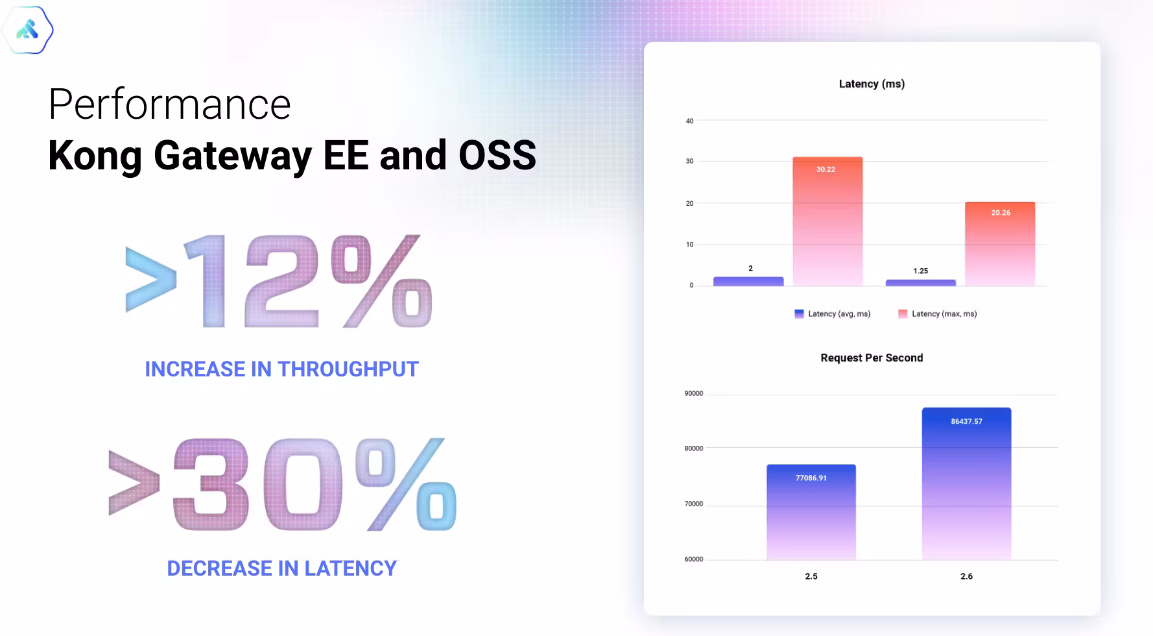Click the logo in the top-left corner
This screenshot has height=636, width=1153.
[x=27, y=30]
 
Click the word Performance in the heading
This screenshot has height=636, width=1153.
[x=170, y=104]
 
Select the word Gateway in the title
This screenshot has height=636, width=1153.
[x=233, y=156]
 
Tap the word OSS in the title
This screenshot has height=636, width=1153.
[x=497, y=155]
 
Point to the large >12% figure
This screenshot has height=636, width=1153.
[x=279, y=281]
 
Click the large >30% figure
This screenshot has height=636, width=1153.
[x=283, y=484]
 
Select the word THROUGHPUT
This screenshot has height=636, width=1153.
[x=348, y=369]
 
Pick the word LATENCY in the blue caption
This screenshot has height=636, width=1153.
[x=350, y=569]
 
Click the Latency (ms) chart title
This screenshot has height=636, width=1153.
[x=872, y=84]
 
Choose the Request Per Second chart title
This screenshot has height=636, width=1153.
[x=872, y=358]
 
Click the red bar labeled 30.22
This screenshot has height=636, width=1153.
[x=827, y=221]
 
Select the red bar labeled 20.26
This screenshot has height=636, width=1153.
[x=1000, y=244]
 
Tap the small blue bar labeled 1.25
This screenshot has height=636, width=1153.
[x=921, y=283]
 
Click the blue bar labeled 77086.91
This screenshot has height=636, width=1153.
[x=811, y=512]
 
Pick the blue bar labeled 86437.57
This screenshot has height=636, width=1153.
[x=966, y=483]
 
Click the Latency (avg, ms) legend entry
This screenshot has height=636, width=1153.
[x=833, y=314]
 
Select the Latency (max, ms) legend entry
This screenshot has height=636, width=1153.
[x=938, y=314]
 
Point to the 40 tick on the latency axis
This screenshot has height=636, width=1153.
[x=689, y=121]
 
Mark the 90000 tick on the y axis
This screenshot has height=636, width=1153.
[x=694, y=393]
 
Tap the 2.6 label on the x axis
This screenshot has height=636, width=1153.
[x=966, y=576]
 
